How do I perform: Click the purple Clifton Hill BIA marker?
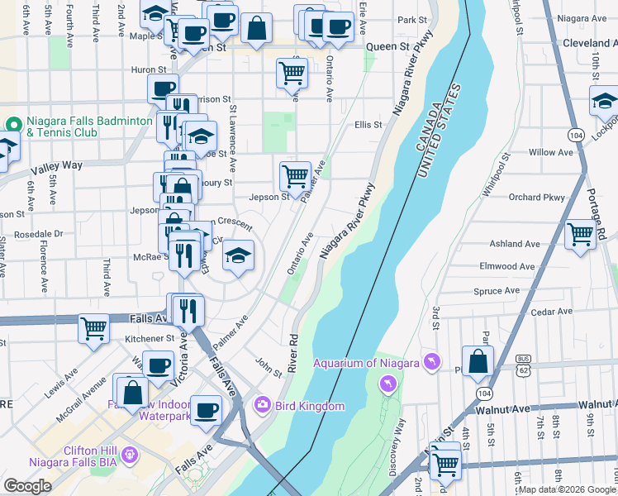tap(129, 455)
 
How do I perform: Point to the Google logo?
tap(27, 486)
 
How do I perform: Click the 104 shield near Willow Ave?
tap(575, 134)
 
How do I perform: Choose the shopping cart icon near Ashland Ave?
tap(581, 235)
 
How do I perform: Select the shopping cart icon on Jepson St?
tap(295, 176)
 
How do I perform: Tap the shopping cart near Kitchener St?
tap(93, 328)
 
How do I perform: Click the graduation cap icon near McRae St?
tap(238, 255)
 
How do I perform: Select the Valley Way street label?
tap(59, 165)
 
